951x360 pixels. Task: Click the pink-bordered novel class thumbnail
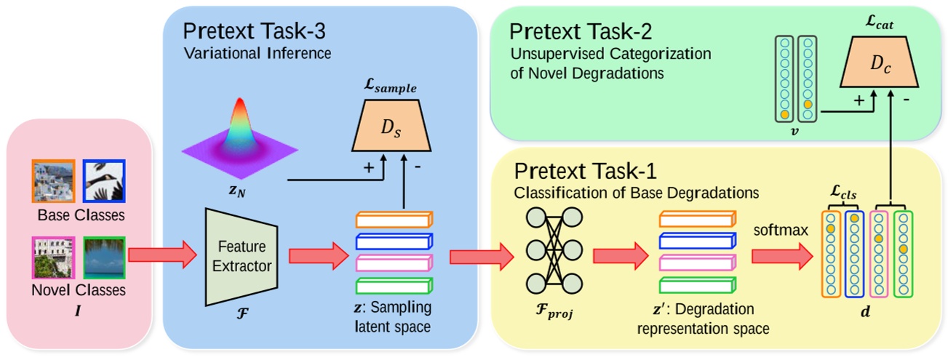(54, 259)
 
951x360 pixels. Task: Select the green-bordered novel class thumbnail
(105, 259)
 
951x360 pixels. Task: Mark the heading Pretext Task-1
(586, 172)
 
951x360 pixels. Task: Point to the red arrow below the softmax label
(781, 255)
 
